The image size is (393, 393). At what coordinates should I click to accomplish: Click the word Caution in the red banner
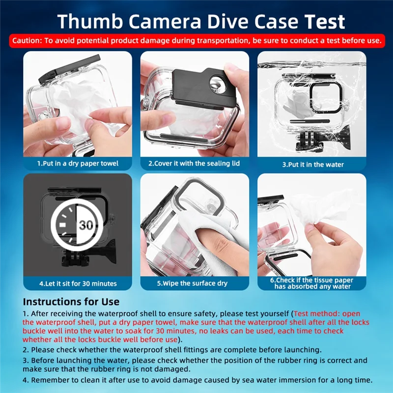tap(27, 41)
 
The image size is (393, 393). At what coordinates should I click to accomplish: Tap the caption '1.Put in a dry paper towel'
tap(78, 163)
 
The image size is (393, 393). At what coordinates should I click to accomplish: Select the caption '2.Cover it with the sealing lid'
tap(194, 163)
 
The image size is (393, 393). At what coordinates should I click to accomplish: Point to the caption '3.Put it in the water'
tap(312, 164)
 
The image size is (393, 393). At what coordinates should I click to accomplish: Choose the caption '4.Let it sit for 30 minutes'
tap(78, 283)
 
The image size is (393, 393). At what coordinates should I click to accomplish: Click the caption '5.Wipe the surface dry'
tap(194, 283)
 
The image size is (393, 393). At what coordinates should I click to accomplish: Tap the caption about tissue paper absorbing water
tap(312, 283)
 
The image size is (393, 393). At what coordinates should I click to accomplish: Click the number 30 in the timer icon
tap(86, 225)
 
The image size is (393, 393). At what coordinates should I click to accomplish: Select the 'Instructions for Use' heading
tap(71, 301)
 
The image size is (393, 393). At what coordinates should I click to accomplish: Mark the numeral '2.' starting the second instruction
tap(26, 350)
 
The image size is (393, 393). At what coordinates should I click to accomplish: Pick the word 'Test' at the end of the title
tap(322, 22)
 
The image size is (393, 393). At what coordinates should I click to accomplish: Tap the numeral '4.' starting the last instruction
tap(26, 380)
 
